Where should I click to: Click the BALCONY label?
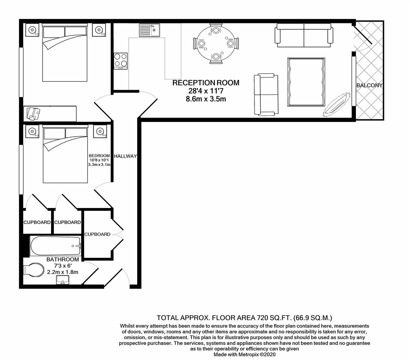[369, 85]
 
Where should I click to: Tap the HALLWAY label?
[125, 156]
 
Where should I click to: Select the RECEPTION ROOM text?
[206, 83]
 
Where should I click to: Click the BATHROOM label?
[63, 259]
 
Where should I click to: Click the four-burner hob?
[121, 61]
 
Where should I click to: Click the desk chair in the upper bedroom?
[33, 113]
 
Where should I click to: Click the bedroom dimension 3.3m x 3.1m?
[99, 165]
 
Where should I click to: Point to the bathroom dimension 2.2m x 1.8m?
[63, 272]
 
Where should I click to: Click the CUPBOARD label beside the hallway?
[97, 234]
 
